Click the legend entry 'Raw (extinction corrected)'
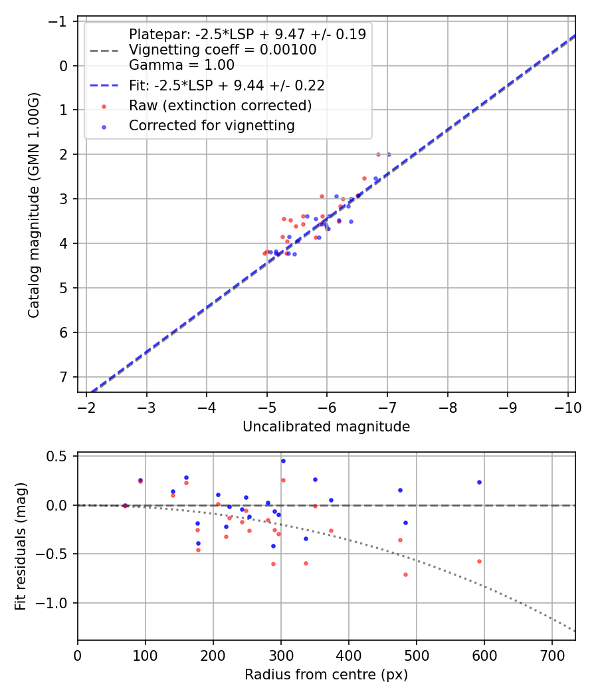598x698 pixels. pyautogui.click(x=220, y=106)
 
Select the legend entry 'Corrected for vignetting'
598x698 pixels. pyautogui.click(x=211, y=125)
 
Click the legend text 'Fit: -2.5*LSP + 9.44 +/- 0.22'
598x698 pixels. pyautogui.click(x=227, y=86)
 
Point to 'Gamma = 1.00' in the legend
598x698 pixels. pyautogui.click(x=181, y=65)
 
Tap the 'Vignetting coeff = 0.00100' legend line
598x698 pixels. pyautogui.click(x=223, y=50)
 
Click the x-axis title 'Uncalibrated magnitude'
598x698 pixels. pyautogui.click(x=326, y=427)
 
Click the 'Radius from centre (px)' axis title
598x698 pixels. pyautogui.click(x=326, y=675)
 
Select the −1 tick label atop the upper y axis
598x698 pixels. pyautogui.click(x=61, y=21)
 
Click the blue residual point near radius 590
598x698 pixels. pyautogui.click(x=479, y=482)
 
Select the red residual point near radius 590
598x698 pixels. pyautogui.click(x=479, y=561)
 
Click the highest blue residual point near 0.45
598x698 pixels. pyautogui.click(x=283, y=461)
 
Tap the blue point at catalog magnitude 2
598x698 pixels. pyautogui.click(x=389, y=154)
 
